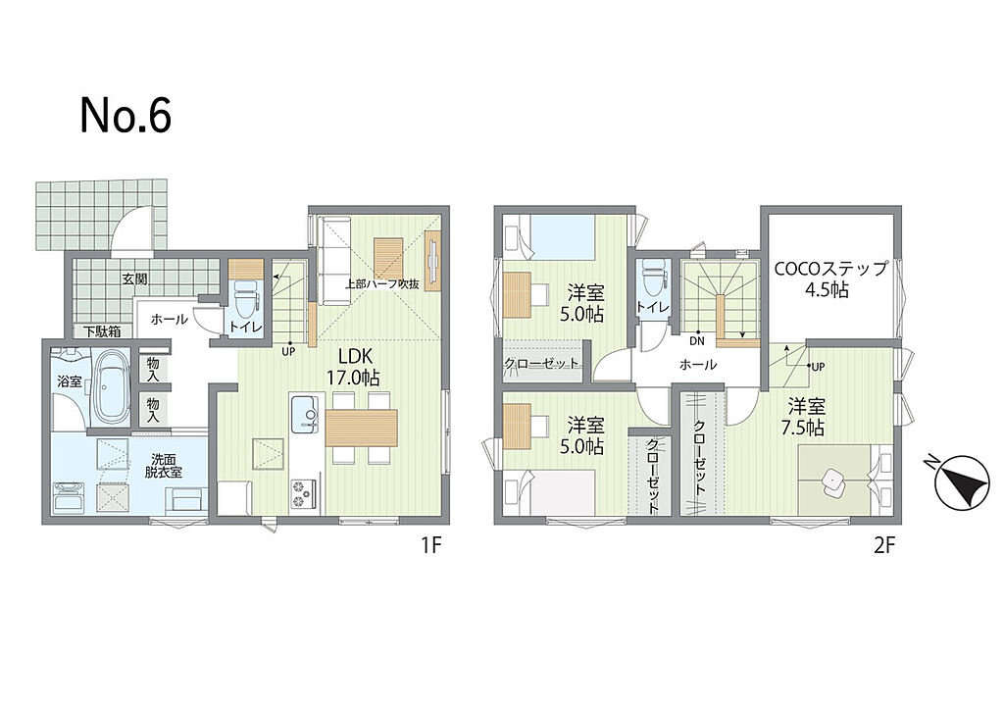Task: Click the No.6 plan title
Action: coord(126,116)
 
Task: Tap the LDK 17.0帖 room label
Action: coord(353,367)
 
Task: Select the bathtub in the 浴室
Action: coord(113,386)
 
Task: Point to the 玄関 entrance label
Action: coord(135,279)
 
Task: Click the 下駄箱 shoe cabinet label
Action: coord(102,331)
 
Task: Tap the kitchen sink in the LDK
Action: coord(305,414)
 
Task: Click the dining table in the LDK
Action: coord(362,428)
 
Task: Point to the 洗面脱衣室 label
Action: coord(167,466)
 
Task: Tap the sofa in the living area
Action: coord(334,261)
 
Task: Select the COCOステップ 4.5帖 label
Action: coord(831,279)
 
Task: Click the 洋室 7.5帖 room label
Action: coord(806,417)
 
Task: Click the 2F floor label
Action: coord(884,545)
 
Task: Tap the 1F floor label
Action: coord(431,545)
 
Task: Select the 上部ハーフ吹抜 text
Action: coord(383,283)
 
